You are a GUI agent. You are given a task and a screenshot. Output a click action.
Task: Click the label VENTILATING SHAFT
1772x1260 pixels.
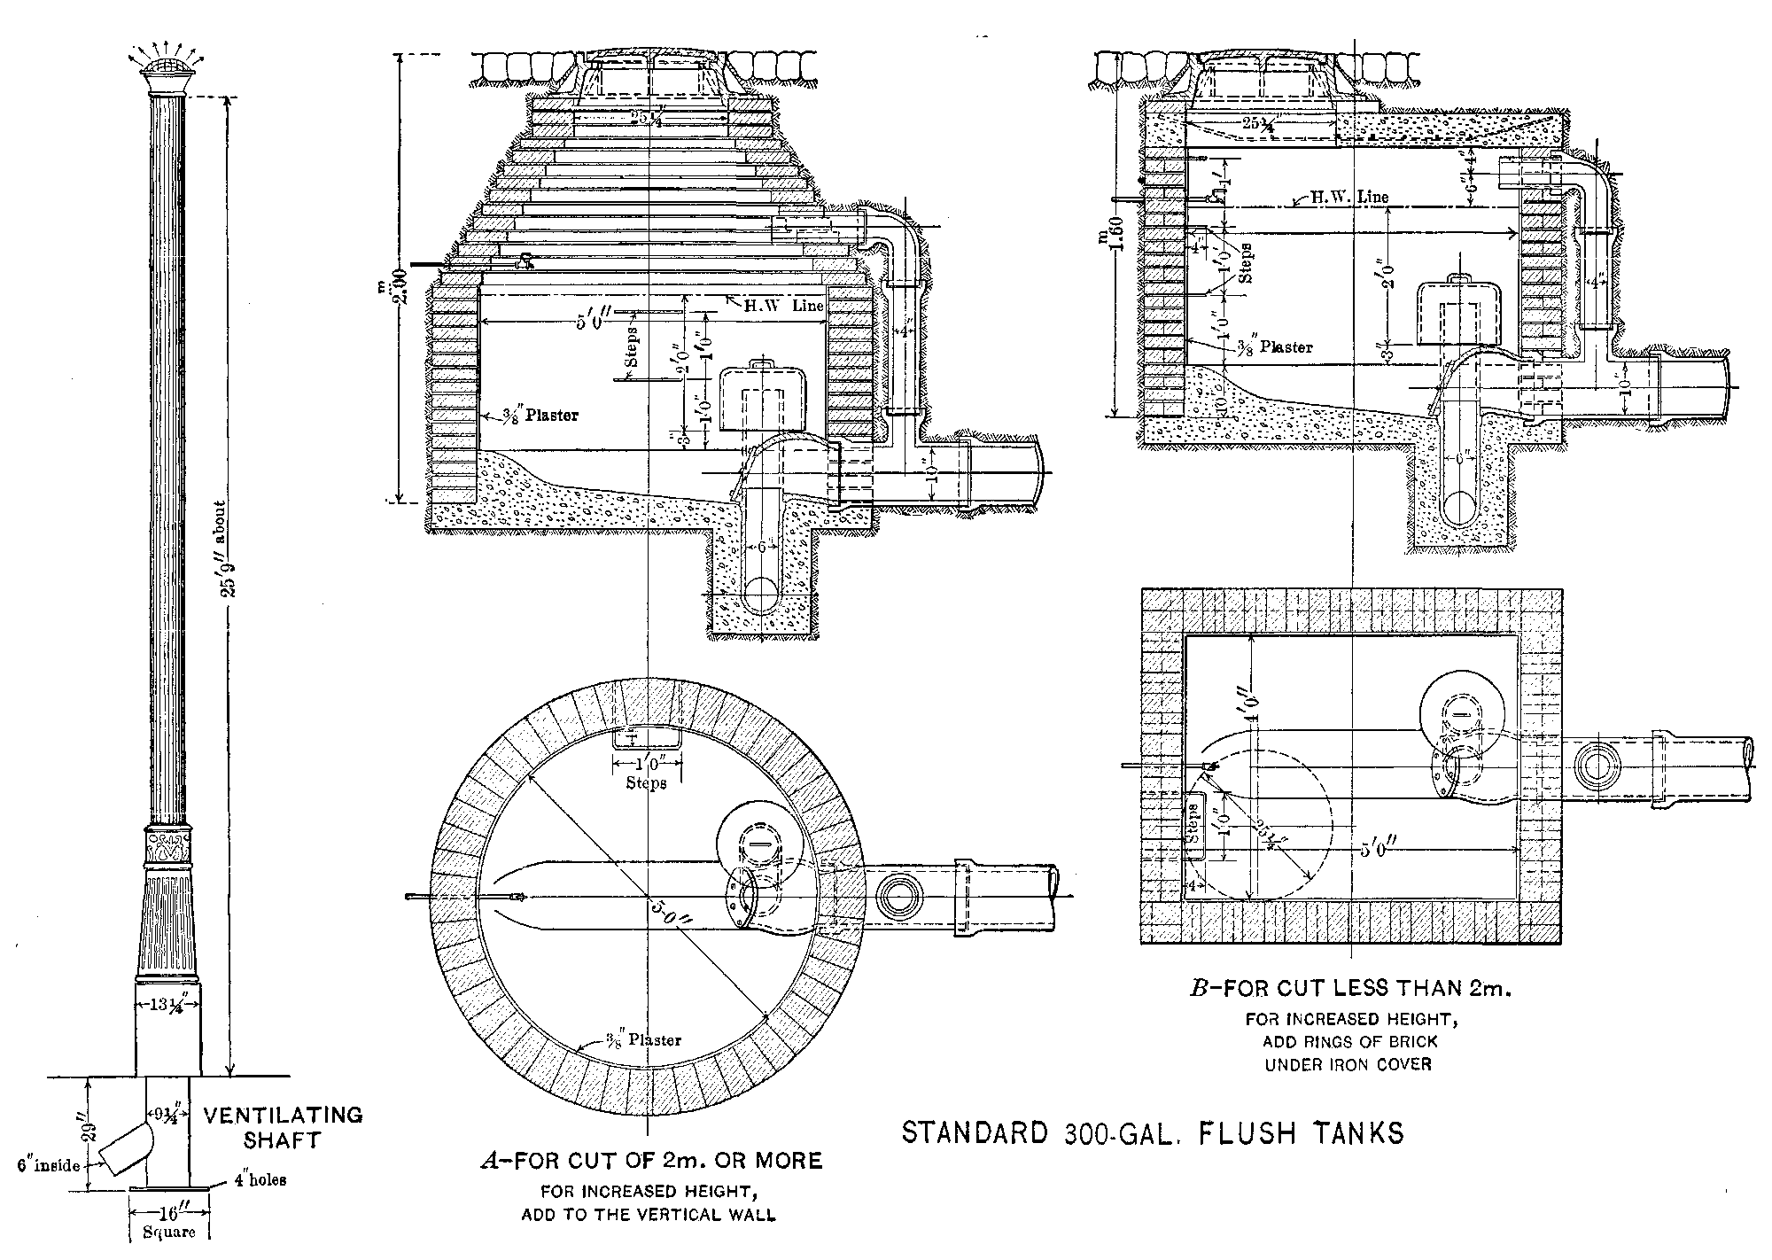(x=284, y=1127)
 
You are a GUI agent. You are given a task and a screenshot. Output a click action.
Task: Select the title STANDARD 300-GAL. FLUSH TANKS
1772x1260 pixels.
(x=1152, y=1133)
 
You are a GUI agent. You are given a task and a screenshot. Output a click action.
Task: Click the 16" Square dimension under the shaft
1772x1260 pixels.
(x=169, y=1224)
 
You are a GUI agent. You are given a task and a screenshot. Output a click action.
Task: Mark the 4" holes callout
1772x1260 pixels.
(x=260, y=1180)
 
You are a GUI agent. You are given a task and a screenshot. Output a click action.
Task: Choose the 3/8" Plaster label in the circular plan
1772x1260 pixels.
(x=643, y=1039)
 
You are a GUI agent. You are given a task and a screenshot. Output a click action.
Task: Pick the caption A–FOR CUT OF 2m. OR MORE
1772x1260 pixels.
(x=651, y=1160)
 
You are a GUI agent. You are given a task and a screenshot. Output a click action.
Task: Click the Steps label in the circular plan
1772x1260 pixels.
(x=646, y=782)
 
